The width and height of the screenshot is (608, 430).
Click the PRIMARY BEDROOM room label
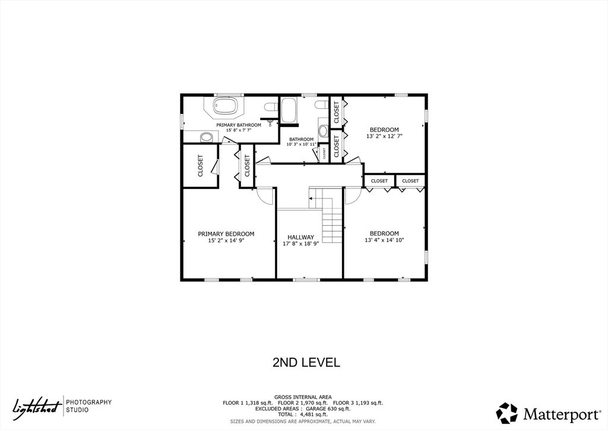[226, 234]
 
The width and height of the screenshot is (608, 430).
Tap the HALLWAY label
[300, 237]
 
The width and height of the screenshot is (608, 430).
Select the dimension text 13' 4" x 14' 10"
[384, 241]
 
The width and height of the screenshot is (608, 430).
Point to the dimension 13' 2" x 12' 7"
[384, 136]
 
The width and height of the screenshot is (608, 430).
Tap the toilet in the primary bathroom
[271, 107]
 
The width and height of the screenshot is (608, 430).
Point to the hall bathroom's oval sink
[324, 131]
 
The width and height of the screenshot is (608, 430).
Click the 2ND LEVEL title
[306, 362]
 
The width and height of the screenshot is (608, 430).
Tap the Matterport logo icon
[506, 413]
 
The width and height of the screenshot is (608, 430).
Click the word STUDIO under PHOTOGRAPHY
[77, 410]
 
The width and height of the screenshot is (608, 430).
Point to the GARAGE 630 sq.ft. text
[334, 409]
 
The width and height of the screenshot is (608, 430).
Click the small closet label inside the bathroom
[324, 154]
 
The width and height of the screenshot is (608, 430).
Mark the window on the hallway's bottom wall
[306, 279]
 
